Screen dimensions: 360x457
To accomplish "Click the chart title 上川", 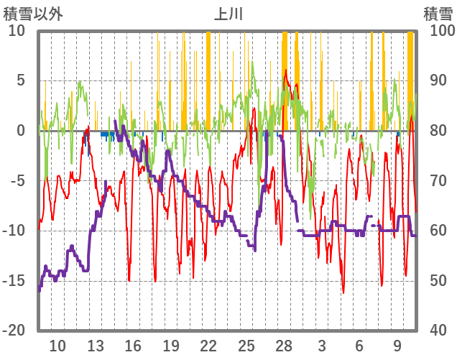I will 228,13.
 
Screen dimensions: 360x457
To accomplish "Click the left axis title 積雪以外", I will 33,13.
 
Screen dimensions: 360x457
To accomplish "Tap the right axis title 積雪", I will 438,13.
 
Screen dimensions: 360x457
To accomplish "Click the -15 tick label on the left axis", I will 15,281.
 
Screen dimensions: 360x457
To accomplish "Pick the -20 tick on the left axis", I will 15,331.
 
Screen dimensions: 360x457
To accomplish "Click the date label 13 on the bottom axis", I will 96,345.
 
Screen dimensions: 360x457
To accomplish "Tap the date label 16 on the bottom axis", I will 133,345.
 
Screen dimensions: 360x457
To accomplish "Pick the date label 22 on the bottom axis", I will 208,345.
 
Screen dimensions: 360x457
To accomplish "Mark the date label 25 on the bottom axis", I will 246,345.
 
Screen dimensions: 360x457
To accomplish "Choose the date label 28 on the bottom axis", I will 284,345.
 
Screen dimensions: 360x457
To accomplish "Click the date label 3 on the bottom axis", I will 322,345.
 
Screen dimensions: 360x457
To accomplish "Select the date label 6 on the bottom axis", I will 359,345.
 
